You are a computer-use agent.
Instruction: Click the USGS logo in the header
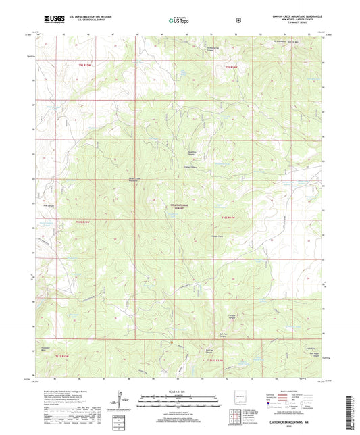pyautogui.click(x=53, y=20)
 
